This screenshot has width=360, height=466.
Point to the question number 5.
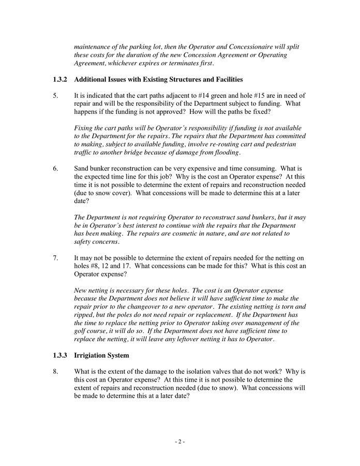[x=55, y=96]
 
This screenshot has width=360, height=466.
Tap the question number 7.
[x=55, y=258]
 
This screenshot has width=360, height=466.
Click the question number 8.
[x=55, y=372]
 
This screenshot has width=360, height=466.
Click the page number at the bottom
[x=179, y=442]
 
